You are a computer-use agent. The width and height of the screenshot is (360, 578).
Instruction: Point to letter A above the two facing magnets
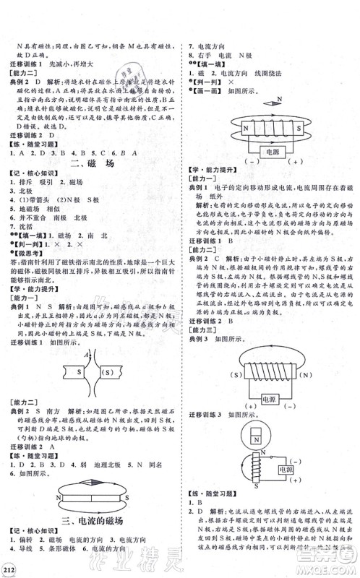[x=87, y=355]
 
